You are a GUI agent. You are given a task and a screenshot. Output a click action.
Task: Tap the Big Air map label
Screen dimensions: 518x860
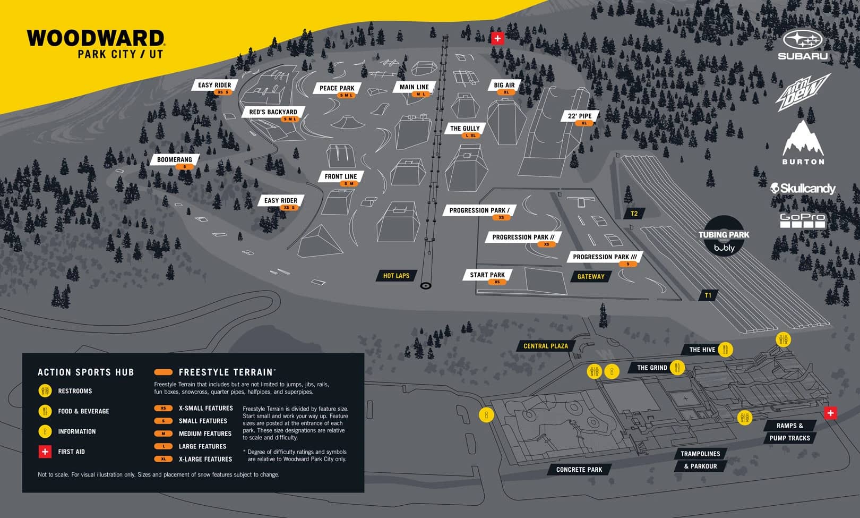(x=504, y=85)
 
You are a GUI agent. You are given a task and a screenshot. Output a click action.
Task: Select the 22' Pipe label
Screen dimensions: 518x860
(x=580, y=116)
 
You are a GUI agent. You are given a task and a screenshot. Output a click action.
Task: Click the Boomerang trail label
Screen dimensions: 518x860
(x=174, y=159)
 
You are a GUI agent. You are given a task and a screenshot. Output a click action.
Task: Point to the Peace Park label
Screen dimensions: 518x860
(x=337, y=88)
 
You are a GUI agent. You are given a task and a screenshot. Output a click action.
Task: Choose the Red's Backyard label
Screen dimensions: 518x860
(x=273, y=112)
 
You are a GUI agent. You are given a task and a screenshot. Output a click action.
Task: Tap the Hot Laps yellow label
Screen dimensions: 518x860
(x=396, y=276)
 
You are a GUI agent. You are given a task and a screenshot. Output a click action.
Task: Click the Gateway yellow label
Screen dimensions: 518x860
(x=591, y=277)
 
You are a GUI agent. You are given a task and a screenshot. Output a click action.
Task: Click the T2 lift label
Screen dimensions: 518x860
(x=634, y=214)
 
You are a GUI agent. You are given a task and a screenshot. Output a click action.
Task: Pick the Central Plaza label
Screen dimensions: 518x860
(x=545, y=346)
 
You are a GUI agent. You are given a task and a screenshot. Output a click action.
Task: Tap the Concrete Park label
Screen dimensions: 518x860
(x=579, y=470)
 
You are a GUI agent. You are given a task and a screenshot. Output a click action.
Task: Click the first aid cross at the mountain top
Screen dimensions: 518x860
(x=497, y=38)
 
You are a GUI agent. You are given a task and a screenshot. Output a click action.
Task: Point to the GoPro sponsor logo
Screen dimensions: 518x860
(x=802, y=220)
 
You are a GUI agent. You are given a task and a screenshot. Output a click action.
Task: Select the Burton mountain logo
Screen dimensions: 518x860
(x=803, y=142)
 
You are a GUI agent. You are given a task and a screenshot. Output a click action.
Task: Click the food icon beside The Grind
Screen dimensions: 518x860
(x=677, y=367)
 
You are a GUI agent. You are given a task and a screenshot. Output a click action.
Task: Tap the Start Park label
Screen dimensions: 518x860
(x=487, y=275)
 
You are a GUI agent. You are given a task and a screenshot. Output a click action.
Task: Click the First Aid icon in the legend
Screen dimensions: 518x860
(x=45, y=452)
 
